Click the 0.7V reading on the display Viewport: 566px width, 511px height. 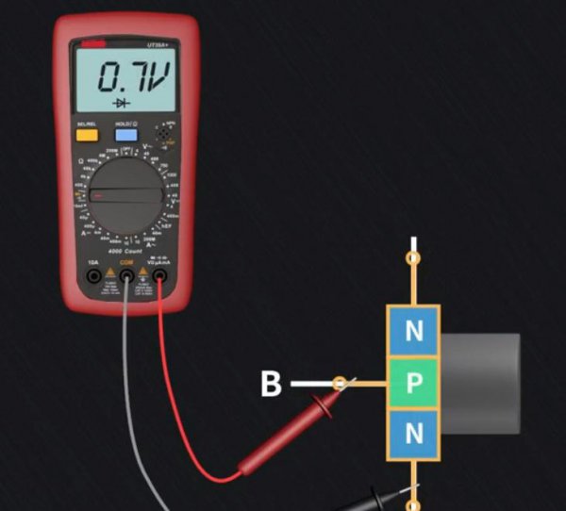click(135, 76)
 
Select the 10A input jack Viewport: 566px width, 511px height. click(93, 276)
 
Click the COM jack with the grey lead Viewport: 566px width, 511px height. click(126, 276)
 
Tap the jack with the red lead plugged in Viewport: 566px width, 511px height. click(159, 276)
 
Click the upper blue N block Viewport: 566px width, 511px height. click(413, 330)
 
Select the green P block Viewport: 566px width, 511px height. click(413, 382)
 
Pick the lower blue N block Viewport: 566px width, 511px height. click(413, 434)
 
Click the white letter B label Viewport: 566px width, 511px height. click(271, 384)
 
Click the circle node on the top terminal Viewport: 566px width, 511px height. click(412, 255)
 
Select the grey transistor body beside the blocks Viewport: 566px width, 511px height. click(481, 383)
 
